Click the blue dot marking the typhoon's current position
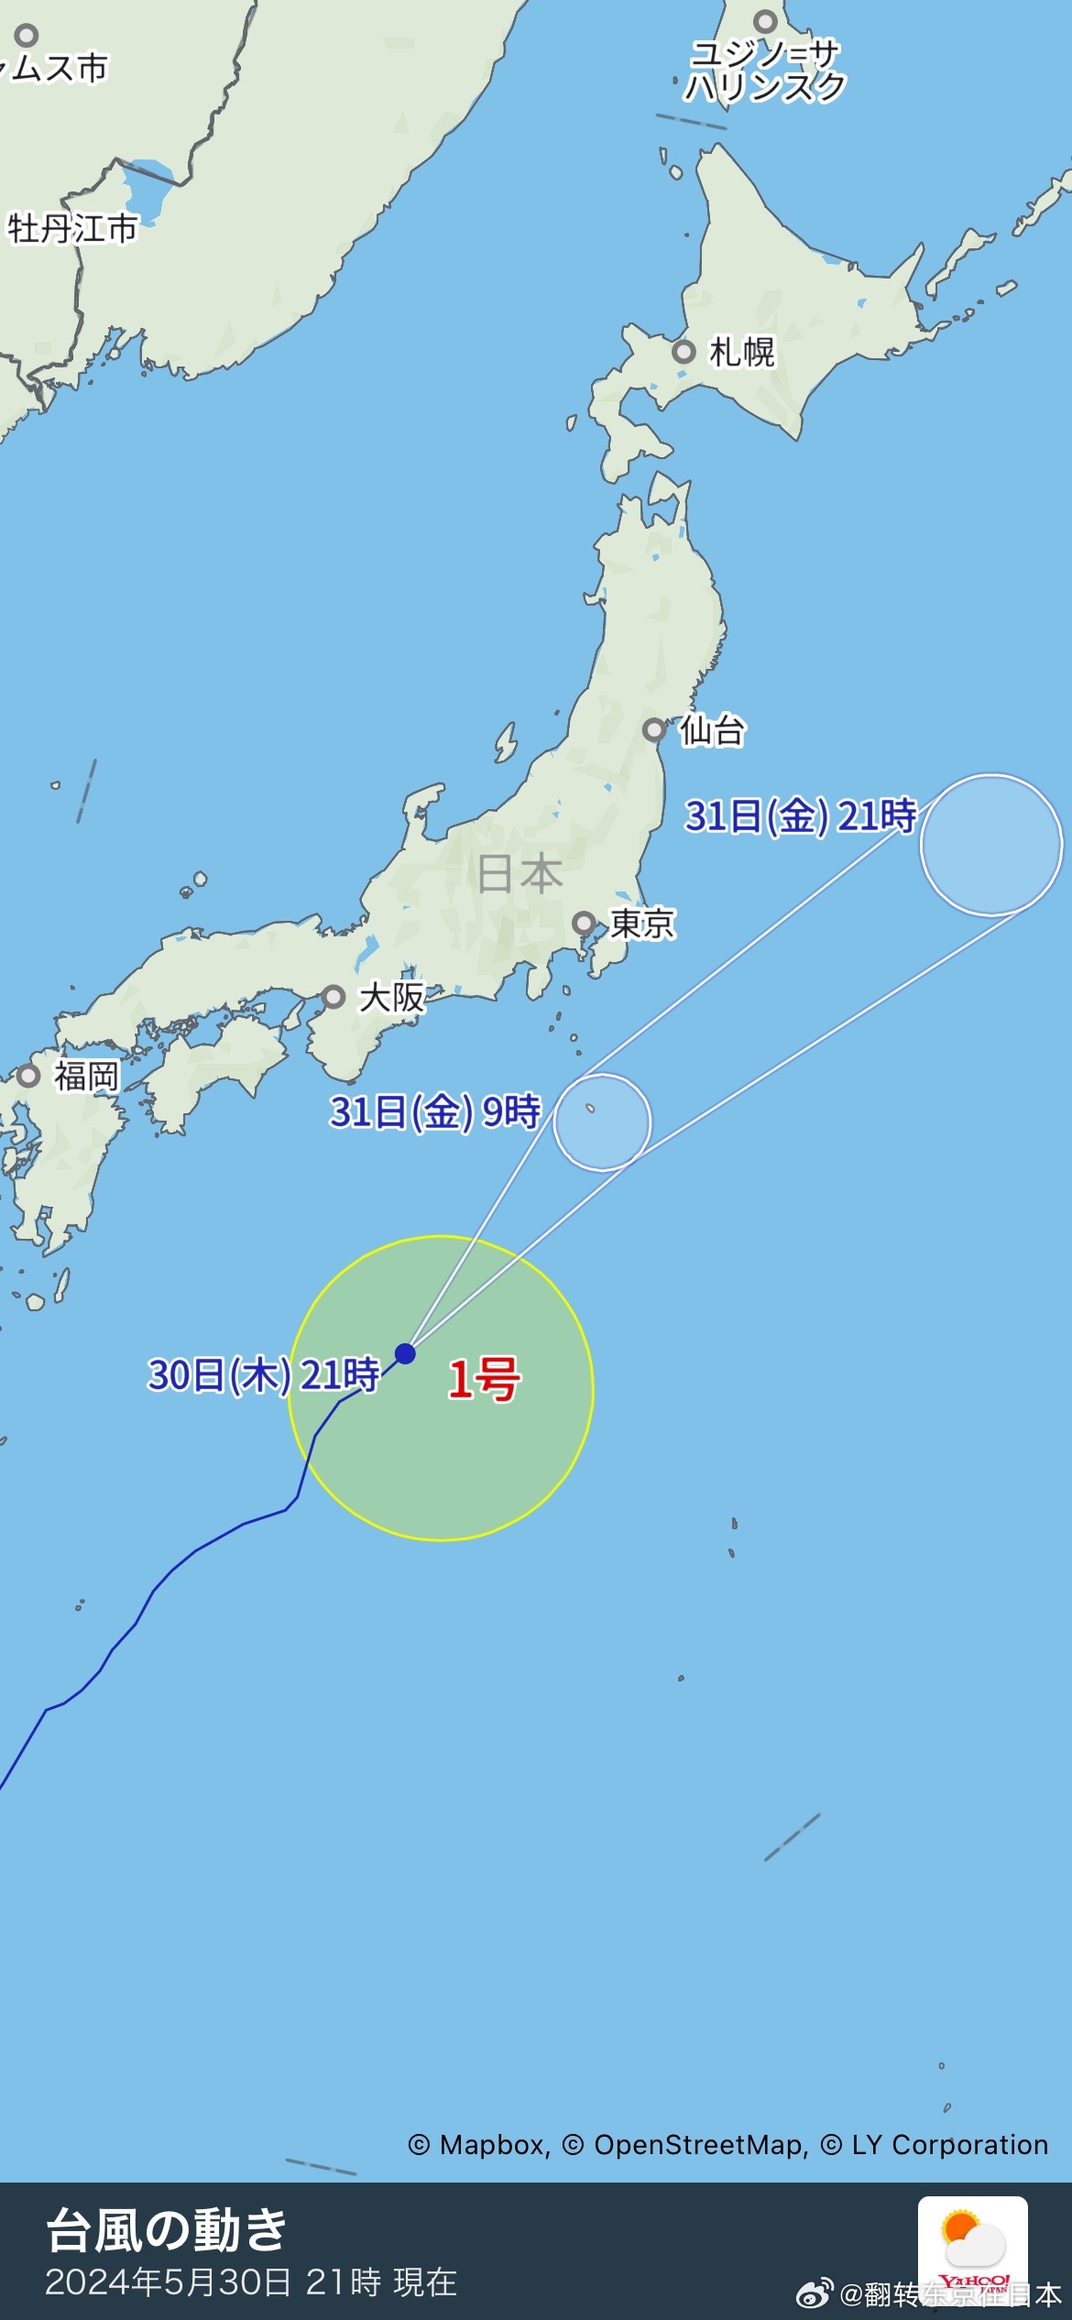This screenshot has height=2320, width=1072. click(x=405, y=1353)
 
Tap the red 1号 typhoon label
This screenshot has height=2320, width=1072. click(x=484, y=1379)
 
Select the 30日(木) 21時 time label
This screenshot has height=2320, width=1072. click(x=264, y=1375)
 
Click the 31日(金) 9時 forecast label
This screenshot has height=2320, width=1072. click(x=435, y=1112)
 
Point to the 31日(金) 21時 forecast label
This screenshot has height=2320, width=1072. click(x=801, y=815)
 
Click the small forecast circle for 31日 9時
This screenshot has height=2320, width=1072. click(x=602, y=1122)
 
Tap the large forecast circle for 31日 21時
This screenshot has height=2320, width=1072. click(x=991, y=845)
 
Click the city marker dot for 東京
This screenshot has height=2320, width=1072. click(x=584, y=923)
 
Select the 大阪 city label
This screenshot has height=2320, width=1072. click(x=392, y=997)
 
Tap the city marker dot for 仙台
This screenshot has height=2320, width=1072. click(x=653, y=730)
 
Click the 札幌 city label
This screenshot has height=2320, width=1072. click(x=742, y=352)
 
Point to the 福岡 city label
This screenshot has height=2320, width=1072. click(x=86, y=1076)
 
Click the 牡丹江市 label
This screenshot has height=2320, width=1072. click(x=72, y=228)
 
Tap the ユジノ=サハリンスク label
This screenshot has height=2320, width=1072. click(x=764, y=71)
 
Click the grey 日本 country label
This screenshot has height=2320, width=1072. click(x=520, y=873)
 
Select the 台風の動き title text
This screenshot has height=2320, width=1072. click(x=167, y=2230)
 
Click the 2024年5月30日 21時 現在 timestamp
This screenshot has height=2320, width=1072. click(x=251, y=2282)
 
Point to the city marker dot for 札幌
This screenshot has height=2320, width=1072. click(x=684, y=352)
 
